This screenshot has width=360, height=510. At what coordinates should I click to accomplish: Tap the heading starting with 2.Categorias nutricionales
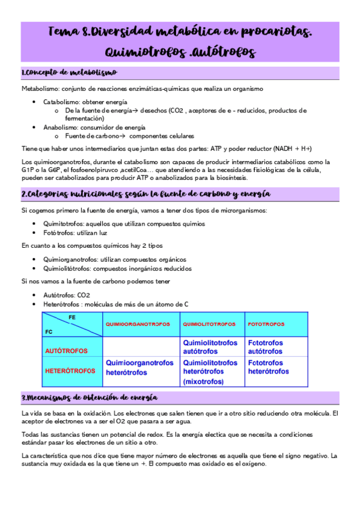tap(145, 194)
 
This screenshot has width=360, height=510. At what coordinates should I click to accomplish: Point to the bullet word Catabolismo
tap(60, 102)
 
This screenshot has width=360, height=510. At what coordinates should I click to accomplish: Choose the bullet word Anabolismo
tap(59, 127)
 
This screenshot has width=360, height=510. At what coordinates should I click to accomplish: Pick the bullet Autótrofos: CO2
tap(66, 295)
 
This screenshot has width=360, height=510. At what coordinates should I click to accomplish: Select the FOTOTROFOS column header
tap(266, 324)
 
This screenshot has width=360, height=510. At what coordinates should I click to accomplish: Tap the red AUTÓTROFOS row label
tap(66, 350)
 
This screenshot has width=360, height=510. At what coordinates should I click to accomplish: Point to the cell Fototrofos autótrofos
tap(265, 346)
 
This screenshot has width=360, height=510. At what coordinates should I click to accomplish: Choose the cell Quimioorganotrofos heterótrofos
tap(139, 367)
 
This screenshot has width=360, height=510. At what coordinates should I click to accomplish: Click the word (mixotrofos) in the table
tap(203, 381)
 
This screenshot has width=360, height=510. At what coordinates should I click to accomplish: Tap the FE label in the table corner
tap(72, 316)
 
